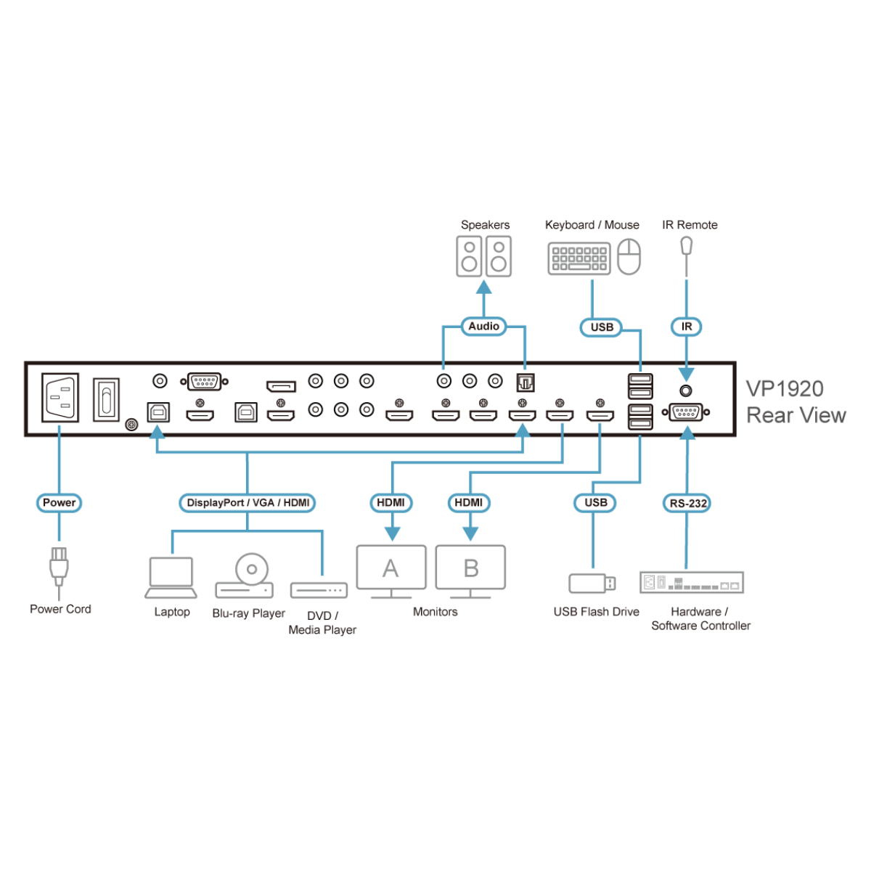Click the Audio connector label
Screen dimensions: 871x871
point(483,327)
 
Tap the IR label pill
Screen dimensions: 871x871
point(686,327)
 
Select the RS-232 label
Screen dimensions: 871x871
point(687,503)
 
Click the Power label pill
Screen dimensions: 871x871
point(59,502)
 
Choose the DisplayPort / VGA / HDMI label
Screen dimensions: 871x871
point(248,502)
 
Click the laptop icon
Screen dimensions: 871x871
point(171,577)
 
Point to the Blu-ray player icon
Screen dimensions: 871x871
point(245,576)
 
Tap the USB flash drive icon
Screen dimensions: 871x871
point(592,583)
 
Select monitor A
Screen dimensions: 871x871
point(391,571)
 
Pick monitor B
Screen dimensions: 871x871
point(470,571)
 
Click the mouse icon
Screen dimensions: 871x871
point(629,257)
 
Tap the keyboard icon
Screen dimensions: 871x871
point(578,258)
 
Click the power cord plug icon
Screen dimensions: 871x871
point(58,567)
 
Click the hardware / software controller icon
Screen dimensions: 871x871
point(691,582)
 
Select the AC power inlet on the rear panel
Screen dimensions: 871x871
point(60,397)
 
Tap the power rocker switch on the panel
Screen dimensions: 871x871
point(106,398)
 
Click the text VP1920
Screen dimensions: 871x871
point(785,388)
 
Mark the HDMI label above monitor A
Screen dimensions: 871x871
point(391,502)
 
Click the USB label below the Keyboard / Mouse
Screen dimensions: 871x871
point(602,327)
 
